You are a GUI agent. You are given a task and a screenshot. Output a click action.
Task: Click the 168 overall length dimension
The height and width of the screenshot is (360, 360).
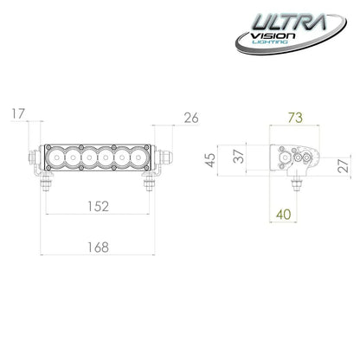(97, 248)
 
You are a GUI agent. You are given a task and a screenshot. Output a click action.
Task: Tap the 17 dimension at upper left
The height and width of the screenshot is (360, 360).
(20, 113)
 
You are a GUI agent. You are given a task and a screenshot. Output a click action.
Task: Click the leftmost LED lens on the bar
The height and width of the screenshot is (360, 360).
(57, 157)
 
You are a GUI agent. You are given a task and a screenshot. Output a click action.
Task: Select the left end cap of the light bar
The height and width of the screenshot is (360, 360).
(35, 157)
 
